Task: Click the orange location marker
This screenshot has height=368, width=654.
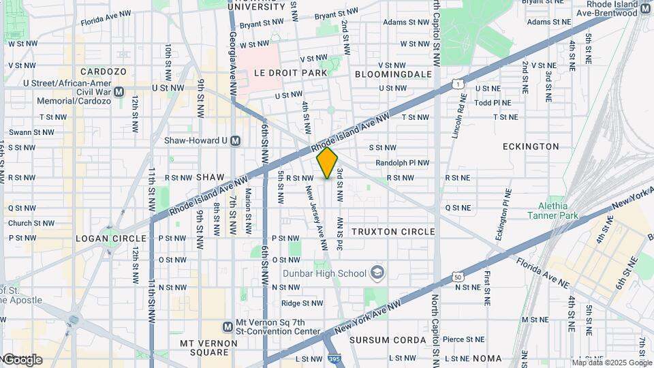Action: (328, 163)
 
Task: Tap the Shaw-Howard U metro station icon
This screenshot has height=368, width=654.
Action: (236, 141)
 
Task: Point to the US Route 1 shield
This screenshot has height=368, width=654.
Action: (458, 84)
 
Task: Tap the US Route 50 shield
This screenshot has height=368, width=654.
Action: (458, 277)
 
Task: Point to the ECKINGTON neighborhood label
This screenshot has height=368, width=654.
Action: (531, 147)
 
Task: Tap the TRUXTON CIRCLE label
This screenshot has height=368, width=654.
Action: (393, 232)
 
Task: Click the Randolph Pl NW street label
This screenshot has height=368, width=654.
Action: (403, 163)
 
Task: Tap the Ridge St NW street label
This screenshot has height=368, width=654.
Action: (302, 303)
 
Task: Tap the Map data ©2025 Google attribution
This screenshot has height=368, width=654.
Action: (611, 363)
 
